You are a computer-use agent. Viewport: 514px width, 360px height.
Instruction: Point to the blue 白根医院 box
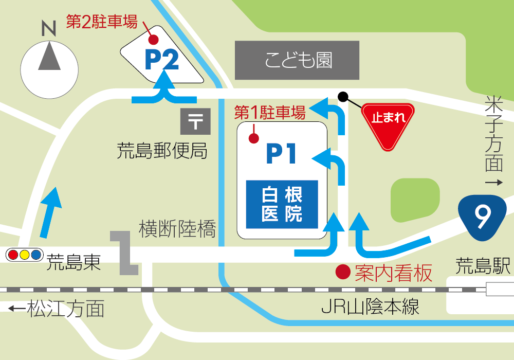(282, 204)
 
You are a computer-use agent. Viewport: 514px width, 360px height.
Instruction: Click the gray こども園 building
(297, 60)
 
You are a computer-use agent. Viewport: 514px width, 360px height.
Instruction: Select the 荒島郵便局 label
(162, 151)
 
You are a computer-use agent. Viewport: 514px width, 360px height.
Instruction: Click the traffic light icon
(24, 254)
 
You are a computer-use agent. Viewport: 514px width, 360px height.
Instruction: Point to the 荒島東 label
(73, 263)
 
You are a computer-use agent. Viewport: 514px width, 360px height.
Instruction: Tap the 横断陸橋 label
(177, 229)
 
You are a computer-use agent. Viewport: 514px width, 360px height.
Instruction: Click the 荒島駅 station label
(483, 266)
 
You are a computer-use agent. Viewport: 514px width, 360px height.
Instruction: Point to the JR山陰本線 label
(370, 307)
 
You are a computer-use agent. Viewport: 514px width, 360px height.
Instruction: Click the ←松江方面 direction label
(57, 309)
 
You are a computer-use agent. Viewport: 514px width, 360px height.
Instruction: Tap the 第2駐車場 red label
(102, 22)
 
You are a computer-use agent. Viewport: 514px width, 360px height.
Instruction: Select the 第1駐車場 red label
(270, 111)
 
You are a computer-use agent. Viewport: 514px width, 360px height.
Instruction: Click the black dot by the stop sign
(343, 96)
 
